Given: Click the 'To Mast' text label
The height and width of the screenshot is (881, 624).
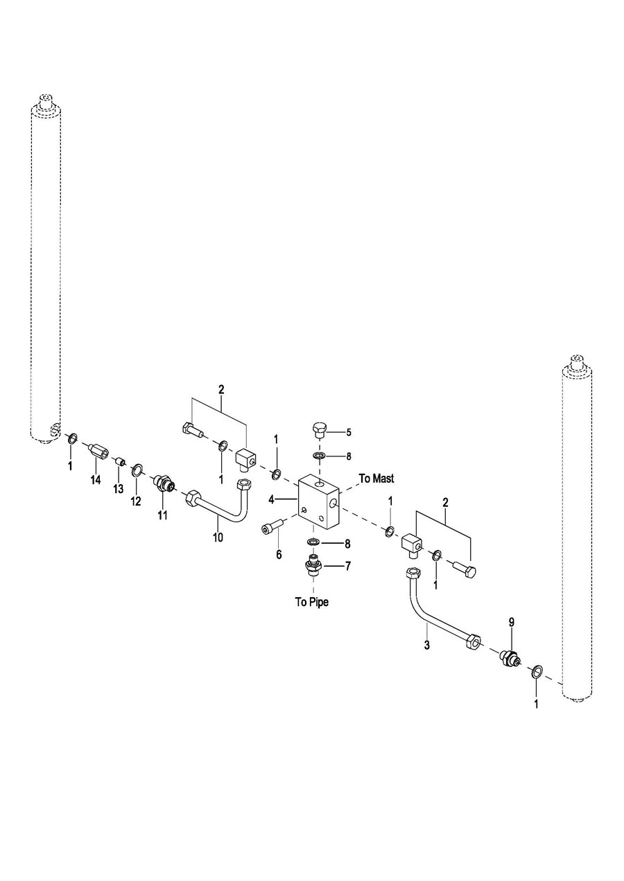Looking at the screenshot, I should tap(376, 479).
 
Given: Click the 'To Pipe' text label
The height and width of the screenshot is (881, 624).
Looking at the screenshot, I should tap(311, 602).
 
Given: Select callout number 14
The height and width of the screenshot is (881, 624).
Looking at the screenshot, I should tap(96, 480).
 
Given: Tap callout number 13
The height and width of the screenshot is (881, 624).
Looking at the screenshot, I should tap(119, 489).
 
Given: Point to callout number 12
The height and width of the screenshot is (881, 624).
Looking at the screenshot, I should tap(136, 501).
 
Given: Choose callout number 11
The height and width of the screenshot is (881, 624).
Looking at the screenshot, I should tap(163, 515).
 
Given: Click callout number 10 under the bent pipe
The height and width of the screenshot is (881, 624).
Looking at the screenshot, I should tap(218, 537).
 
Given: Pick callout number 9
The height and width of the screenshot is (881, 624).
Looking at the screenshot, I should tap(512, 623).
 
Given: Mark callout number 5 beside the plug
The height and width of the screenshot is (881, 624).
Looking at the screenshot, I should tap(349, 432).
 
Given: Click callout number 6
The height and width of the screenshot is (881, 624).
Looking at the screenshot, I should tap(279, 554).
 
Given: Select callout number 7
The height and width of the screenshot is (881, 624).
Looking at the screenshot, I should tap(348, 565).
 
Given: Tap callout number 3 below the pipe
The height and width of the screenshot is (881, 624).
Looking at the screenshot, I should tap(427, 645).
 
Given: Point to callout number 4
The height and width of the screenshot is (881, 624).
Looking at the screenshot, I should tap(272, 498).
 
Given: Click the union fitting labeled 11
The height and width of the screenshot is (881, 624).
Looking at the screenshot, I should tap(164, 483).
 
